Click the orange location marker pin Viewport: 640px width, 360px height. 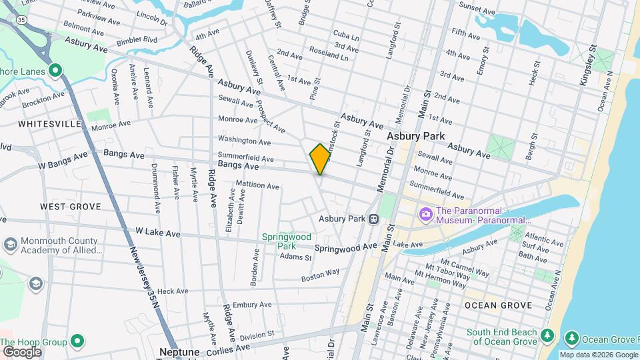click(x=320, y=159)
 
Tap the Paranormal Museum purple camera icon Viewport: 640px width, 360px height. click(x=425, y=215)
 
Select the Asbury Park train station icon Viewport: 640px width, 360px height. click(x=374, y=219)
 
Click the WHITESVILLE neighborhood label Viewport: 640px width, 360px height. click(x=50, y=124)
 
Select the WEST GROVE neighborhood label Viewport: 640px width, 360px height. click(x=70, y=207)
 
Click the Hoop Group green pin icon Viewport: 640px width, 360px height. click(x=78, y=342)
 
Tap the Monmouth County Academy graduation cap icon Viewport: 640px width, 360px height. click(x=9, y=244)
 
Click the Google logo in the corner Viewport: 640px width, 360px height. click(x=22, y=351)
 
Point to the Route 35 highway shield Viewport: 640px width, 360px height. click(x=22, y=20)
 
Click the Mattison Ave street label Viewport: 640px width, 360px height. click(x=257, y=186)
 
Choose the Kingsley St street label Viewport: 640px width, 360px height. click(x=588, y=61)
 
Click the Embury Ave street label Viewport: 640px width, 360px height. click(x=253, y=305)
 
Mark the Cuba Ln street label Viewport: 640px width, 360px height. click(x=346, y=34)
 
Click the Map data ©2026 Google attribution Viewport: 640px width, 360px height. click(x=599, y=355)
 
